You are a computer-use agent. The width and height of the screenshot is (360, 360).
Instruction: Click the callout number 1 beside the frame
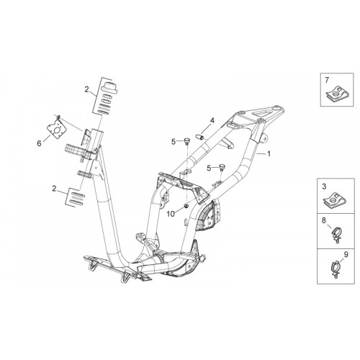pyautogui.click(x=269, y=153)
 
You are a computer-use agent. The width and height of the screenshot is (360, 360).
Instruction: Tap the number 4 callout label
pyautogui.click(x=212, y=121)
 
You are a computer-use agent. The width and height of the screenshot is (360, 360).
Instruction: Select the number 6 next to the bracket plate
pyautogui.click(x=39, y=143)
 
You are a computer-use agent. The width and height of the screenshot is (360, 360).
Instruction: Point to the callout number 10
pyautogui.click(x=171, y=214)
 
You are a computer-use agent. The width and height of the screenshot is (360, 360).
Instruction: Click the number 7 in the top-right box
pyautogui.click(x=327, y=80)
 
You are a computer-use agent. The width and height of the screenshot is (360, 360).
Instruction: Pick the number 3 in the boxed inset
pyautogui.click(x=324, y=186)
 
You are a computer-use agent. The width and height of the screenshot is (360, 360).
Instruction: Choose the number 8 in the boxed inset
pyautogui.click(x=324, y=220)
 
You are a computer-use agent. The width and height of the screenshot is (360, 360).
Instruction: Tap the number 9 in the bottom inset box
pyautogui.click(x=346, y=254)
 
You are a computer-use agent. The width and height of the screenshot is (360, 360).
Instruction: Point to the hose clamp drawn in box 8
pyautogui.click(x=338, y=236)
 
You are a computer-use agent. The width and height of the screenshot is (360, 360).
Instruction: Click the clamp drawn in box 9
pyautogui.click(x=336, y=269)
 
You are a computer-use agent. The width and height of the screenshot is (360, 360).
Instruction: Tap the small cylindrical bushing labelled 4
pyautogui.click(x=200, y=137)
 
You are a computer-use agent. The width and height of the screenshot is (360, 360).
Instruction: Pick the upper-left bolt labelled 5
pyautogui.click(x=187, y=141)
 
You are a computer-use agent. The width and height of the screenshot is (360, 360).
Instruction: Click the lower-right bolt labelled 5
pyautogui.click(x=221, y=167)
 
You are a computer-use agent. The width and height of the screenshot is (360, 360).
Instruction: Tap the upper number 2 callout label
pyautogui.click(x=86, y=89)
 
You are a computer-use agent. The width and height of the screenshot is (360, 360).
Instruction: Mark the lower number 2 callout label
pyautogui.click(x=54, y=189)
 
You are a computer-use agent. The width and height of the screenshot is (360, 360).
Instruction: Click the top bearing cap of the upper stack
pyautogui.click(x=109, y=86)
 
